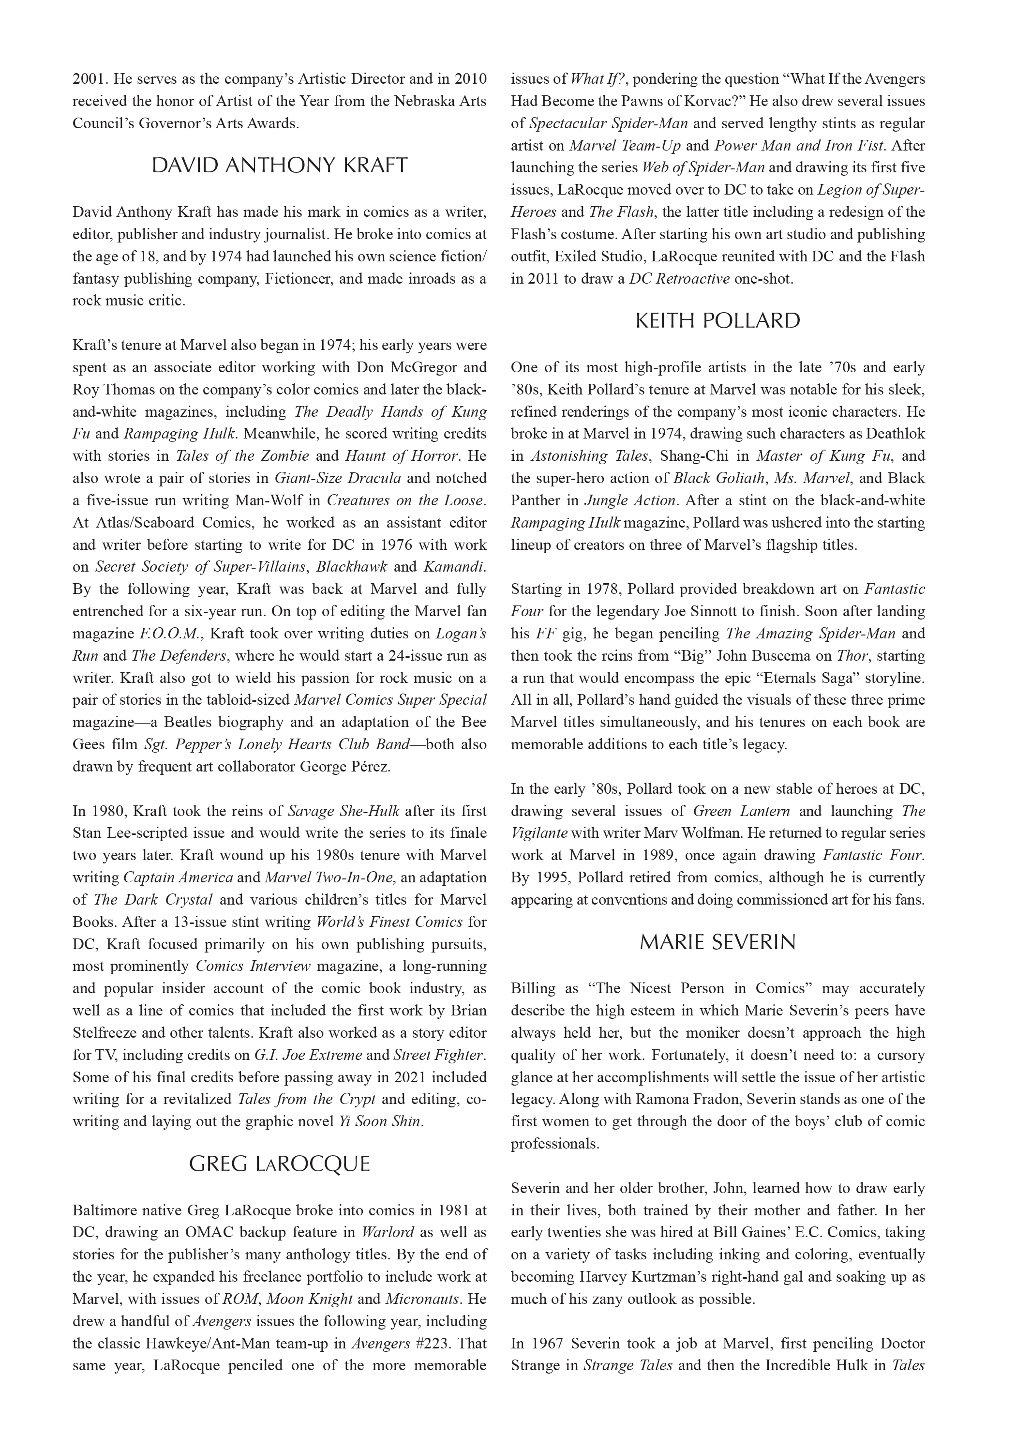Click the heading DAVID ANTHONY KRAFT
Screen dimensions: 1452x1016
coord(280,166)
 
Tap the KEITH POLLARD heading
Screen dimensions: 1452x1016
coord(717,320)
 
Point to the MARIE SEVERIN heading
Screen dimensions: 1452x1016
coord(717,942)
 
